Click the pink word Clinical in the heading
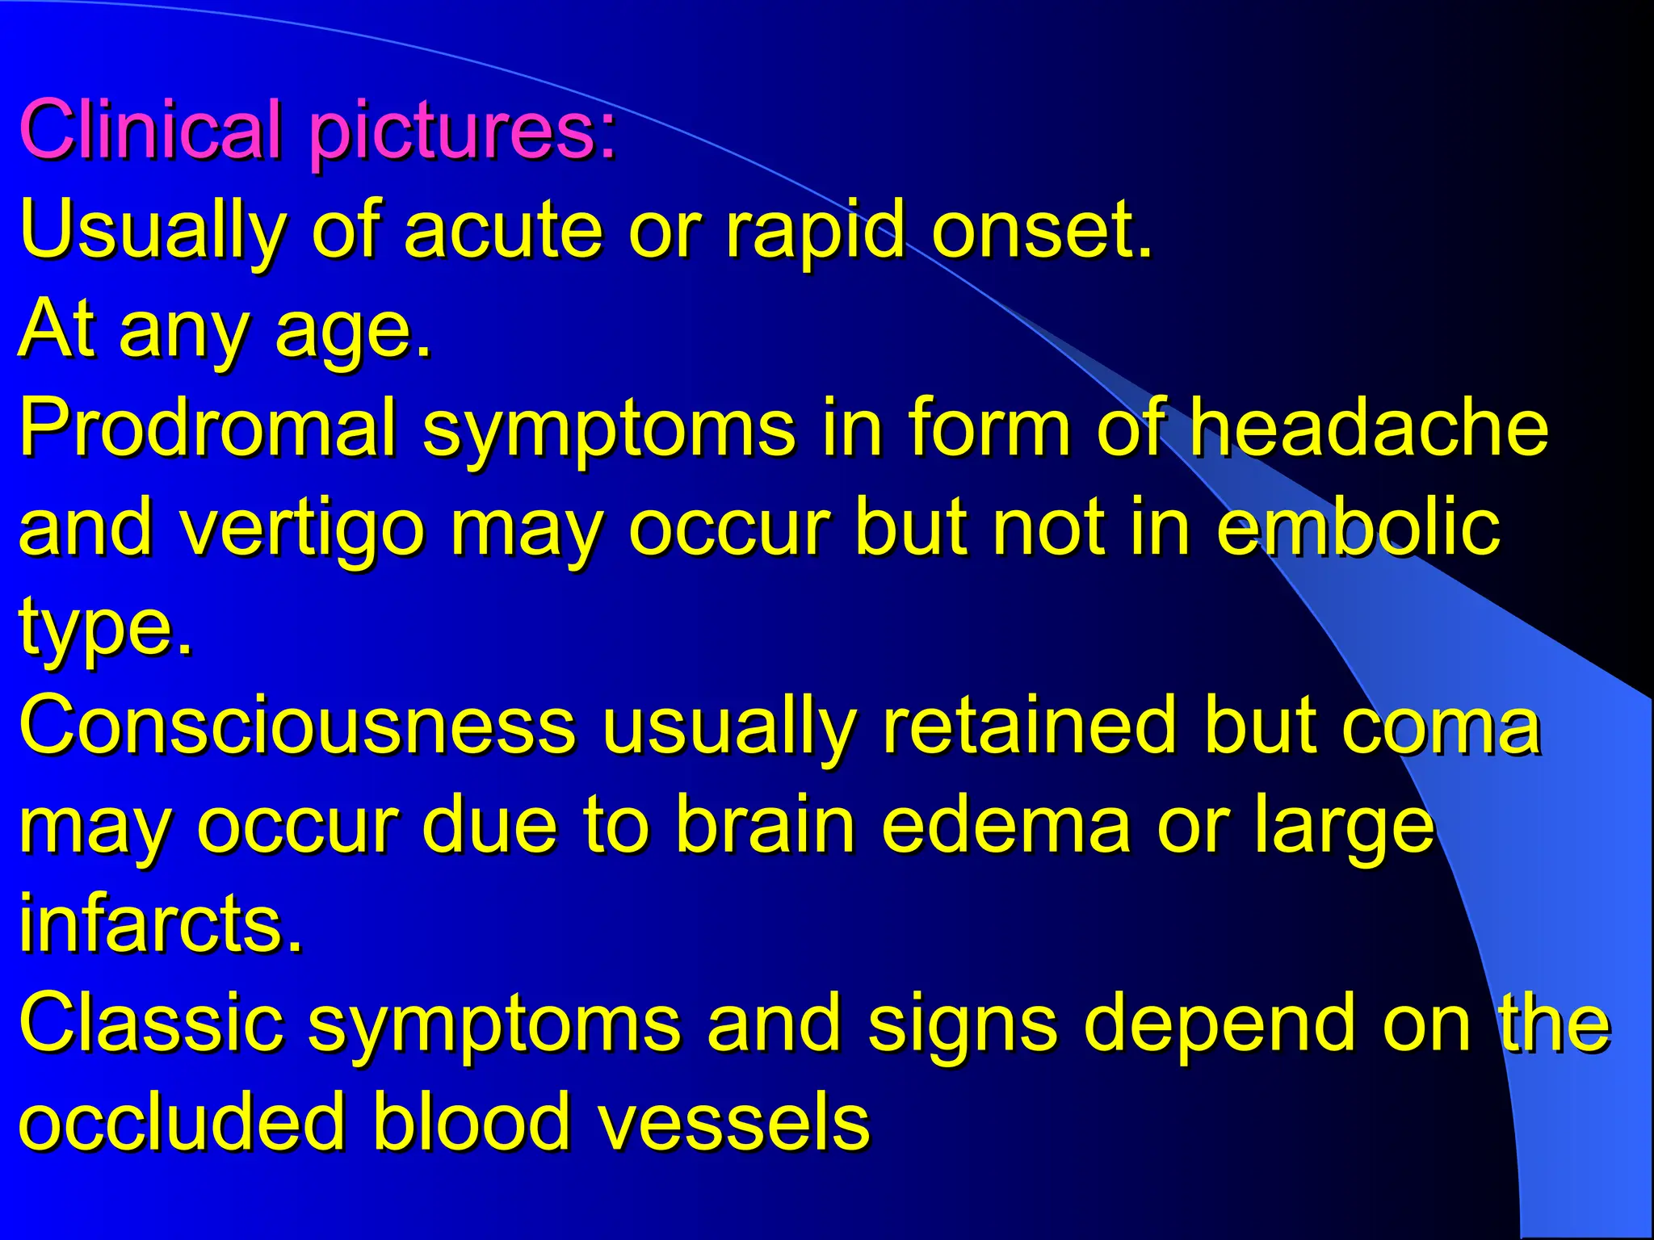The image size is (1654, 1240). [x=151, y=129]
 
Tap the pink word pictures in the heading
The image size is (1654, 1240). [x=462, y=131]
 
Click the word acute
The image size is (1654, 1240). [x=504, y=230]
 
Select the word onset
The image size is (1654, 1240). [x=1040, y=230]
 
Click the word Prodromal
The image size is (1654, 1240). [x=208, y=428]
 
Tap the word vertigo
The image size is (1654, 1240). [x=301, y=529]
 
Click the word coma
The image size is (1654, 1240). [x=1441, y=727]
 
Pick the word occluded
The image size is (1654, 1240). [x=182, y=1122]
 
